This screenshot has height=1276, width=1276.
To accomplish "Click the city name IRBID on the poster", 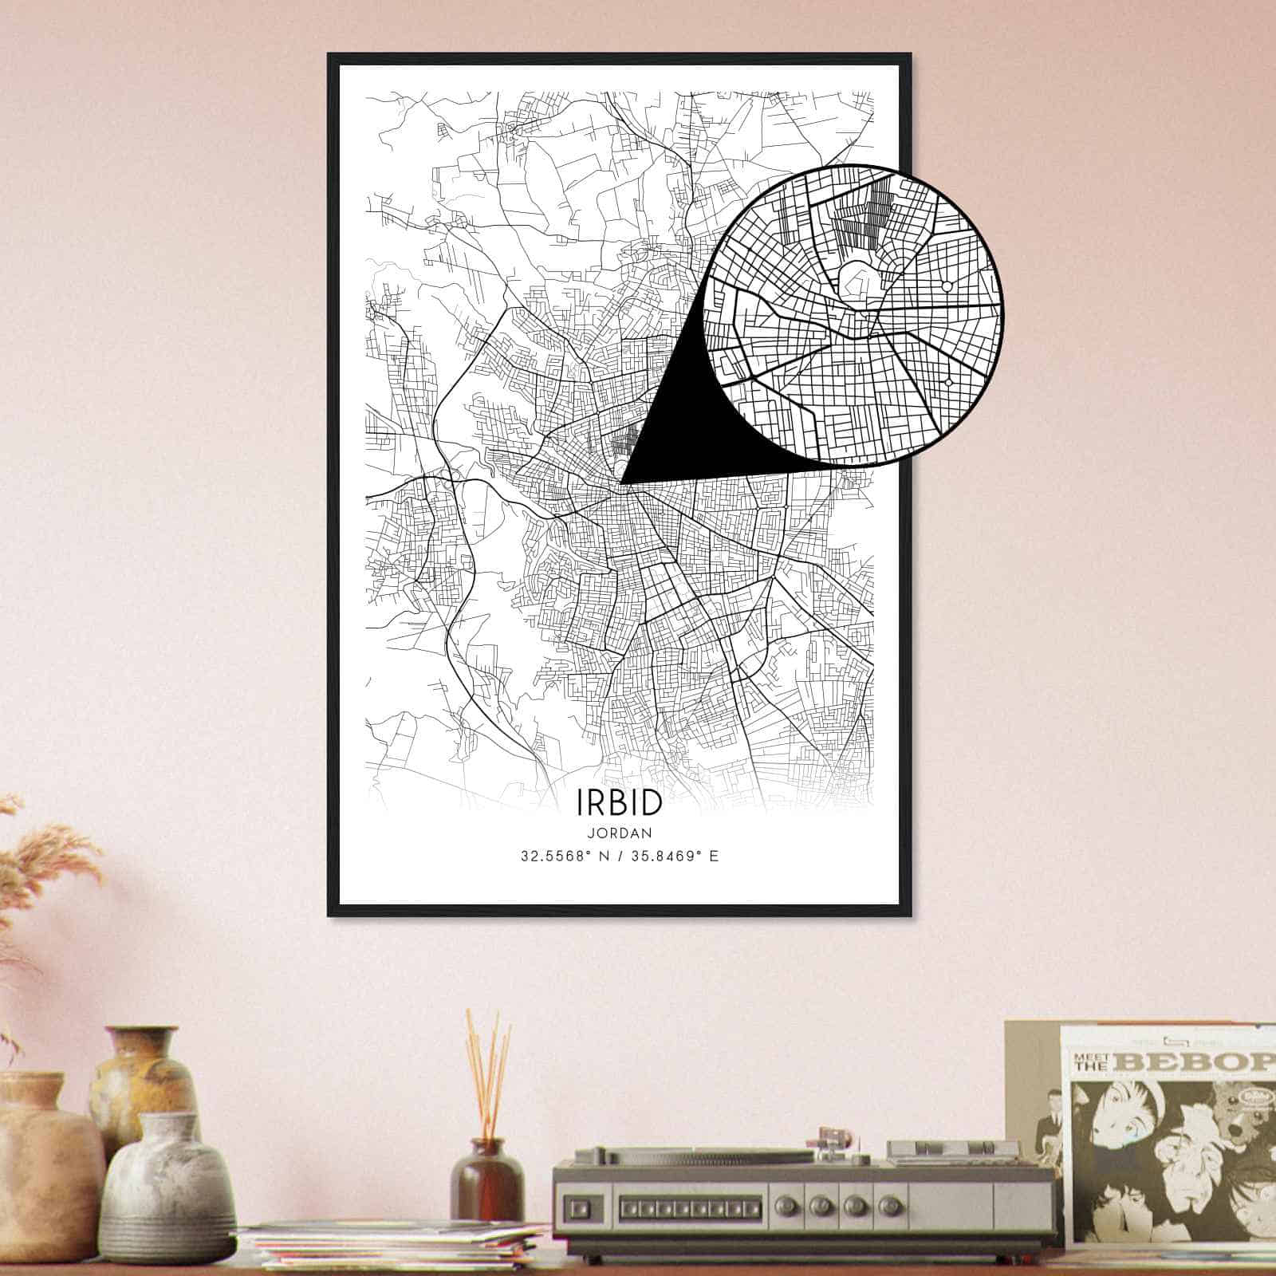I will pos(618,803).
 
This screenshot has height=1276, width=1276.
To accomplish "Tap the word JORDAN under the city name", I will pos(619,833).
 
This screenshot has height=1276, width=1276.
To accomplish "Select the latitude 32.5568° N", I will pos(568,857).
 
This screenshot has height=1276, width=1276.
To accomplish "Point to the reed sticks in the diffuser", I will pos(488,1069).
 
